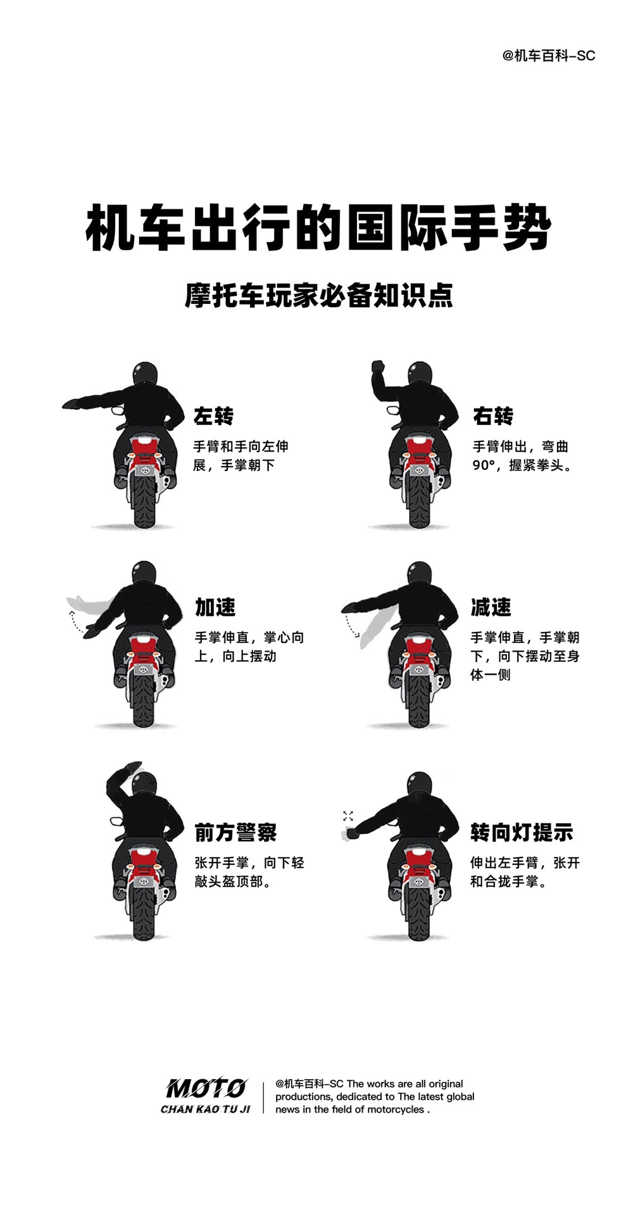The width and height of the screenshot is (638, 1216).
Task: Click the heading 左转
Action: pos(213,416)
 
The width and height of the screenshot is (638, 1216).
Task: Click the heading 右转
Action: pos(493,416)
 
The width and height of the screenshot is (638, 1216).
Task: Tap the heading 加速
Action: pos(215,607)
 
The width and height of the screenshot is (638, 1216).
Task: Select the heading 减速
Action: pos(491,607)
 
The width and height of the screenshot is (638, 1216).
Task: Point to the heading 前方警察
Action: pos(235,832)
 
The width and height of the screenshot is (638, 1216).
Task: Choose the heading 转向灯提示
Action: pos(522,832)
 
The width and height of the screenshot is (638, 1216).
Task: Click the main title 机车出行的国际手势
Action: pos(318,227)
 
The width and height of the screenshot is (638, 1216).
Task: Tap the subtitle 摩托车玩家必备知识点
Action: pos(318,296)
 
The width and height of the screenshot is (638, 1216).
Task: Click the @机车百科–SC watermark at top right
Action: pos(549,56)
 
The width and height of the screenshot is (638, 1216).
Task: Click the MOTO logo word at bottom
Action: pos(206,1088)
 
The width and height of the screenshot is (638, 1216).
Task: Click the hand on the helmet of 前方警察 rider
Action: pos(128,769)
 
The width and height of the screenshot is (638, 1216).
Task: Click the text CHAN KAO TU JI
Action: pos(206,1109)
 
